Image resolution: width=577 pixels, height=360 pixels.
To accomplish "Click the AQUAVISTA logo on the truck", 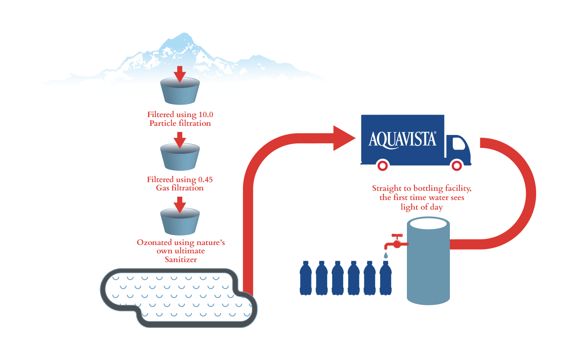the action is [402, 140].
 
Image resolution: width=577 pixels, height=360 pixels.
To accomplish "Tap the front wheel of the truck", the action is [457, 165].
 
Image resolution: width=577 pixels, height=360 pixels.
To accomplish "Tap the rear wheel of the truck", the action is [383, 165].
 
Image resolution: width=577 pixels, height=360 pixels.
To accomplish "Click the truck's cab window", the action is [459, 144].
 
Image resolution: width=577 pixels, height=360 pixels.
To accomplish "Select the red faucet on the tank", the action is [396, 242].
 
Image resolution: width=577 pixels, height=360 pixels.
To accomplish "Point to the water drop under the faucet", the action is [386, 255].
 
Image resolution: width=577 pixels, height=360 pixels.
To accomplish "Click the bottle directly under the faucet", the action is [386, 278].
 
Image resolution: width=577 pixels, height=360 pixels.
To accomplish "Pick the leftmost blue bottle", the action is [306, 278].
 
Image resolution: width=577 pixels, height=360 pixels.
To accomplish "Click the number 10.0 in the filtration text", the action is [206, 115].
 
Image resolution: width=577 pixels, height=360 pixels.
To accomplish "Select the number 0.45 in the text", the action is [205, 180].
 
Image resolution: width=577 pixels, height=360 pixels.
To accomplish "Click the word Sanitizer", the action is [181, 260].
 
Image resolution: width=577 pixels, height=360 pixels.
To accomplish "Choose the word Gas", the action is [163, 188].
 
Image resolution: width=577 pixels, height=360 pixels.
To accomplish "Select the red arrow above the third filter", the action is [180, 205].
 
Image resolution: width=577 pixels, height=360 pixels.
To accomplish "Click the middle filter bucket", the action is [180, 157].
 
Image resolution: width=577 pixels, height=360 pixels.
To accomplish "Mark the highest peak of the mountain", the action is [184, 33].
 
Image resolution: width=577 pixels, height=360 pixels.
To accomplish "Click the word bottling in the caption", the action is [428, 189].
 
